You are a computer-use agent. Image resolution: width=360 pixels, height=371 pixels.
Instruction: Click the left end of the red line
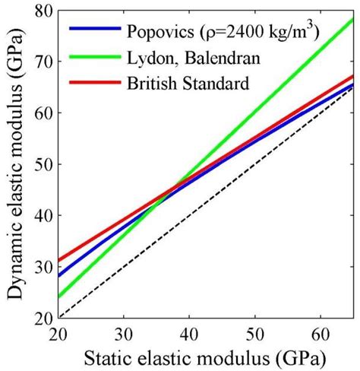(59, 260)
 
